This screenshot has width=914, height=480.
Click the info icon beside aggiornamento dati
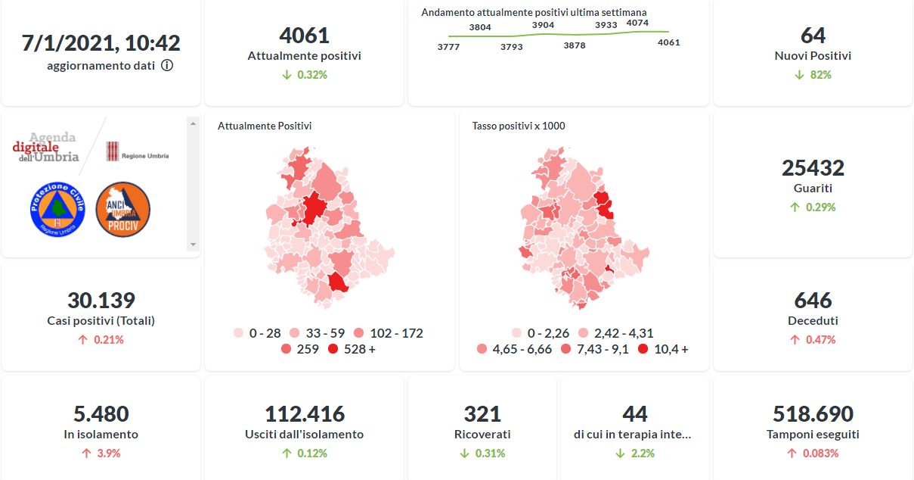coord(167,65)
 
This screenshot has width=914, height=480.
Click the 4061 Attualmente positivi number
coord(304,36)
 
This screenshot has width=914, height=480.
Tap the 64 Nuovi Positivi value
coord(813,36)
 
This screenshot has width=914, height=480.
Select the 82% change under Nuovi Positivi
coord(813,75)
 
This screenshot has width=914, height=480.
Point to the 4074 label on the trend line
coord(637,23)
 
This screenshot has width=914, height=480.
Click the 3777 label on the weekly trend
coord(448,48)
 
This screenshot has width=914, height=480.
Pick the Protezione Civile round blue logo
coord(57,210)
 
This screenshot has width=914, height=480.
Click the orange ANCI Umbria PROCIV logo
coord(123,210)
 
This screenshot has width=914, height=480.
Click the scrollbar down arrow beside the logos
coord(193,245)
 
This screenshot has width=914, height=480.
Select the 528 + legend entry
coord(352,349)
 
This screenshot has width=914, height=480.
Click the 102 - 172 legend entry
coord(389,333)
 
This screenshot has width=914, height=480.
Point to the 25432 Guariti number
coord(813,167)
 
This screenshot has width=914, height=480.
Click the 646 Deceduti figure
coord(813,300)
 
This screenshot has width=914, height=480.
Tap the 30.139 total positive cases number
coord(101,300)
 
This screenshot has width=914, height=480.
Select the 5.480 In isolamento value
coord(101,414)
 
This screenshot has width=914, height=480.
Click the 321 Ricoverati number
coord(482,414)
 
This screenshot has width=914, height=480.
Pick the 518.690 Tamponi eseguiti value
coord(813,414)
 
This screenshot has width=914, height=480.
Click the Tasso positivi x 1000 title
coord(519,126)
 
